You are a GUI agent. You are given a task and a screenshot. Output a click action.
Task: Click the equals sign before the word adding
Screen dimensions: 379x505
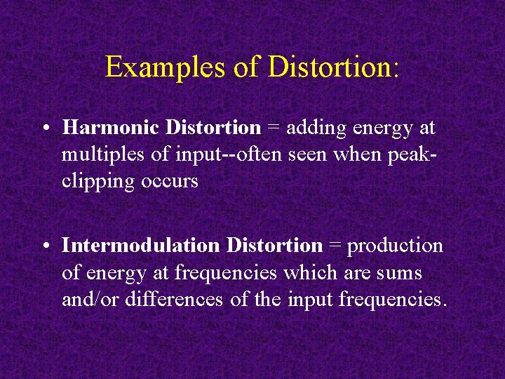tap(273, 128)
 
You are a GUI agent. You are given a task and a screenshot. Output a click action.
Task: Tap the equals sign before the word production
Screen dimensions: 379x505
tap(335, 246)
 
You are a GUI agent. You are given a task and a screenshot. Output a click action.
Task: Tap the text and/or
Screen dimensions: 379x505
tap(88, 300)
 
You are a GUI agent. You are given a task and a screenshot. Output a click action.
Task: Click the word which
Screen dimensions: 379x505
tap(320, 273)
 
